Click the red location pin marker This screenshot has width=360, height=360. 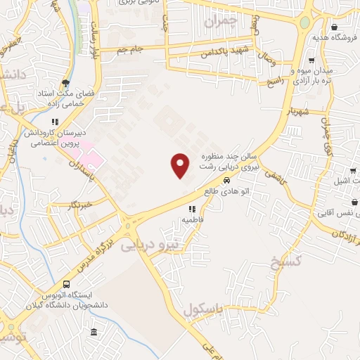pyautogui.click(x=181, y=165)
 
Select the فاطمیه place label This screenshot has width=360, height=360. pyautogui.click(x=193, y=219)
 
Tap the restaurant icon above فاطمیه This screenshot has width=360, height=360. pyautogui.click(x=191, y=209)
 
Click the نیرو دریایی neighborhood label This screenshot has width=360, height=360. pyautogui.click(x=150, y=246)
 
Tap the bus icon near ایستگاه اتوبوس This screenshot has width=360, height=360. pyautogui.click(x=66, y=285)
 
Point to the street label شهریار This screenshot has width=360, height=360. pyautogui.click(x=297, y=112)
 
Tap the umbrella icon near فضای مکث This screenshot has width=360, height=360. pyautogui.click(x=66, y=82)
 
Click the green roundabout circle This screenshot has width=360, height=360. pyautogui.click(x=304, y=22)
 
